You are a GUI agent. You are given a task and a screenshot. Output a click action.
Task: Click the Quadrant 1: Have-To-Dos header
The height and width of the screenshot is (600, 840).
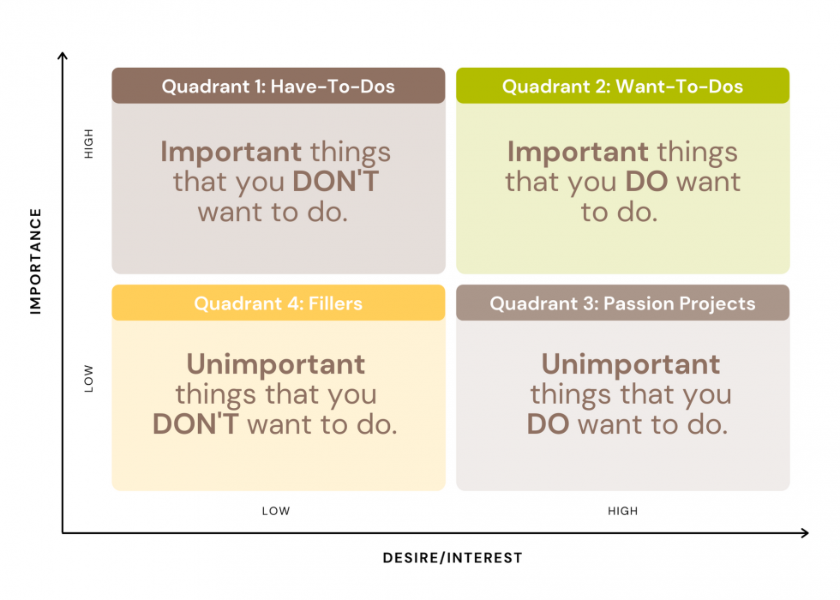[278, 86]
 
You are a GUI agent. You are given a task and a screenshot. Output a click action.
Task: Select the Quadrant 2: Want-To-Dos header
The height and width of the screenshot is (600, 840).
[622, 86]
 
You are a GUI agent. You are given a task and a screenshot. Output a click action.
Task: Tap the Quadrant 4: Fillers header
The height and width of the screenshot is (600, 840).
[278, 303]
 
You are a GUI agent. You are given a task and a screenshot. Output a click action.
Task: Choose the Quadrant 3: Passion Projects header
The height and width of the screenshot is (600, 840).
[622, 303]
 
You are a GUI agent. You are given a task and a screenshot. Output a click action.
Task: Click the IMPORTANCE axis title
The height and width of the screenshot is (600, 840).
[35, 261]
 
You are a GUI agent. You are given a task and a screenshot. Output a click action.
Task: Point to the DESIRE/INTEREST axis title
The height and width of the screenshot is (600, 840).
[453, 558]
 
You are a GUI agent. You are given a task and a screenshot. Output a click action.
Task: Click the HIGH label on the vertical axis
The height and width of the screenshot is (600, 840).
[88, 144]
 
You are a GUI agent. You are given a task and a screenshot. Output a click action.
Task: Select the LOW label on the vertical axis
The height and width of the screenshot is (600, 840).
[88, 379]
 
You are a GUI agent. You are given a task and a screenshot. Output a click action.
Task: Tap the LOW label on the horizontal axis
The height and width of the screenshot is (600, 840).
[276, 511]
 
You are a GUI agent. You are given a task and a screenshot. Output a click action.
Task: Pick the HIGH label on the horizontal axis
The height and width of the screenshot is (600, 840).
[622, 511]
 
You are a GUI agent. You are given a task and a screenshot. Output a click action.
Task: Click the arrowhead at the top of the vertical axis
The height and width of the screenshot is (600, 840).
[63, 55]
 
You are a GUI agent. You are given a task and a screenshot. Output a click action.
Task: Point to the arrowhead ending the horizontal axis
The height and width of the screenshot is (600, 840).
[805, 532]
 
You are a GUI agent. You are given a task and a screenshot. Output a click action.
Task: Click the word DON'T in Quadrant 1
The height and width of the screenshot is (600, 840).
[336, 182]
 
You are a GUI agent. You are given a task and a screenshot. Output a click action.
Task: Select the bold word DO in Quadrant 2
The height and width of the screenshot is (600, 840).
[646, 182]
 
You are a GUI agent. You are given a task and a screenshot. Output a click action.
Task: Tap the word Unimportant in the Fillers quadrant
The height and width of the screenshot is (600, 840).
[276, 364]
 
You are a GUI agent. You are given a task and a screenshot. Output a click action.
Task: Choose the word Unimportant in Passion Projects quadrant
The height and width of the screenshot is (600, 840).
[631, 364]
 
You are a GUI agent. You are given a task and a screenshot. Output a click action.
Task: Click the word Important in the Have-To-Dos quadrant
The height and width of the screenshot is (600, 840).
[231, 152]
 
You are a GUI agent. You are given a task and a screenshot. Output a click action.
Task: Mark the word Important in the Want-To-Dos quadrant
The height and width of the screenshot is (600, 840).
[578, 152]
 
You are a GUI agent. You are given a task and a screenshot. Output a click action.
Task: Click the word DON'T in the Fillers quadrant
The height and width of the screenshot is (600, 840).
[195, 424]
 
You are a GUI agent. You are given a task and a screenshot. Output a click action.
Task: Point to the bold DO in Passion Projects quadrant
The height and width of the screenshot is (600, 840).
[548, 424]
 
